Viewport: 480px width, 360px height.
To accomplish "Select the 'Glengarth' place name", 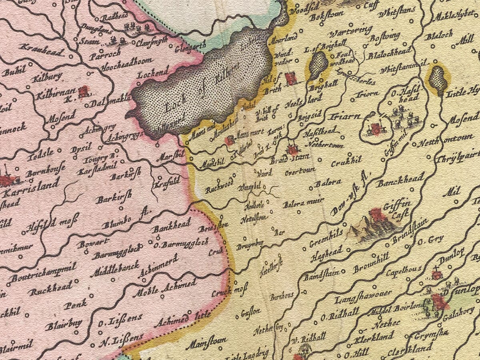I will pos(191,47).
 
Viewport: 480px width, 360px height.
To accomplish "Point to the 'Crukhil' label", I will pos(346,162).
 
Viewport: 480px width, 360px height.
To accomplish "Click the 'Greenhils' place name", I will pos(326,238).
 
